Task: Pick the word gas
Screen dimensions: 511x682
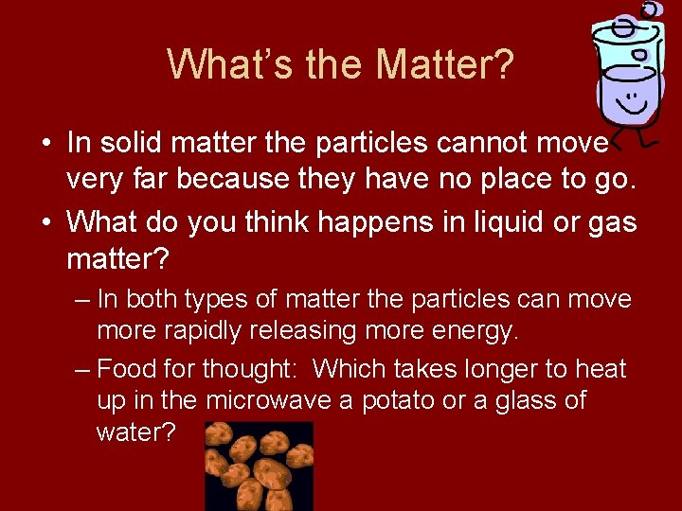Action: pyautogui.click(x=612, y=224)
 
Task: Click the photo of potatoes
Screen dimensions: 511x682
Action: pyautogui.click(x=260, y=466)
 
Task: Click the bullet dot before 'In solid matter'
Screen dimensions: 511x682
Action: pyautogui.click(x=46, y=144)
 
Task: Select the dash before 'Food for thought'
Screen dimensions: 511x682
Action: pyautogui.click(x=82, y=368)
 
